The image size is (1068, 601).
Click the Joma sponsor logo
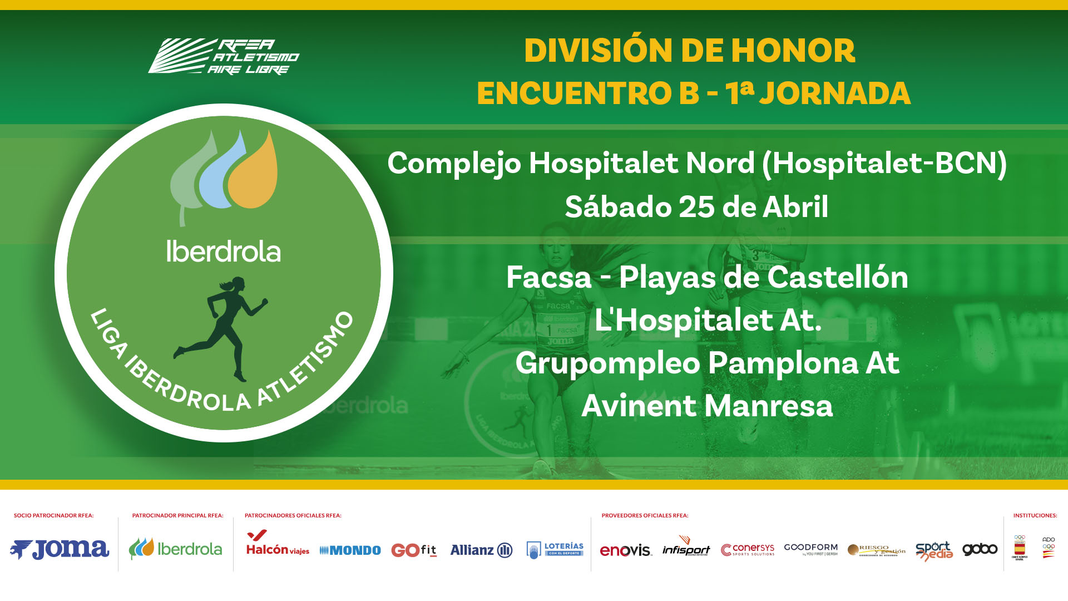60,549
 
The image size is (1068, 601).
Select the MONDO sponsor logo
350,550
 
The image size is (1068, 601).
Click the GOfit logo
414,550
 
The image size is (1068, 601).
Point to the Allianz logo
481,550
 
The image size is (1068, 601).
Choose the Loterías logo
555,550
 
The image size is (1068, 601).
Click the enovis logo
625,550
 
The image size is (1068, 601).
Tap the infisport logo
686,547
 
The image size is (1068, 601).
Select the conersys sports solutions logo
748,550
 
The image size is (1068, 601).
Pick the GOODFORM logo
810,549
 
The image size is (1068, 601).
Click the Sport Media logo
934,550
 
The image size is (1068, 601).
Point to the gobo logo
980,549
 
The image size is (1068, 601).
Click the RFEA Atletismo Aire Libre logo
224,56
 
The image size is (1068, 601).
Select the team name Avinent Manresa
707,406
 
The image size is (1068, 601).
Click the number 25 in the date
696,207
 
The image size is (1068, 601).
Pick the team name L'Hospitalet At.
708,320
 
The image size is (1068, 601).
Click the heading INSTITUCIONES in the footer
1035,515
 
